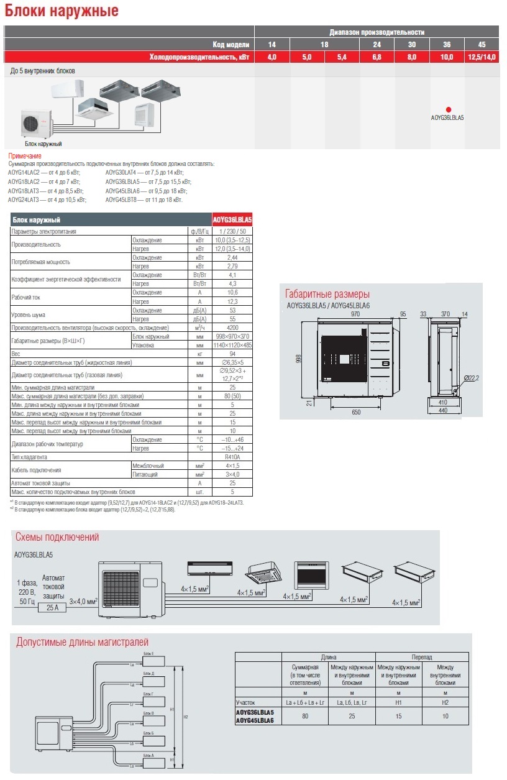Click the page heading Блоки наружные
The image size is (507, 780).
pyautogui.click(x=62, y=11)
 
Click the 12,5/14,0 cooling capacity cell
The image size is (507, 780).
pyautogui.click(x=482, y=57)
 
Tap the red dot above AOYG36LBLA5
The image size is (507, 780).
pyautogui.click(x=447, y=109)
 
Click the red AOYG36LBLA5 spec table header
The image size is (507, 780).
pyautogui.click(x=232, y=220)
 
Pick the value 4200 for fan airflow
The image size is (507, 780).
pyautogui.click(x=232, y=328)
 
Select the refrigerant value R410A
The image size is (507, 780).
pyautogui.click(x=232, y=457)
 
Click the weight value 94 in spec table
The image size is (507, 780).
pyautogui.click(x=232, y=353)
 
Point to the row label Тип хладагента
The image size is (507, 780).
pyautogui.click(x=31, y=457)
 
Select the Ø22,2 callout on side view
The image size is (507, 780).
pyautogui.click(x=472, y=378)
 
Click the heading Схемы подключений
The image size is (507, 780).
pyautogui.click(x=57, y=538)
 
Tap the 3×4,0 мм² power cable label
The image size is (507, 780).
pyautogui.click(x=83, y=602)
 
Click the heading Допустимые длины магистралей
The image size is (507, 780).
pyautogui.click(x=82, y=642)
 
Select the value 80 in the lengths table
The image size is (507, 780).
pyautogui.click(x=305, y=716)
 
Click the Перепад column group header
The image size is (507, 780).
pyautogui.click(x=422, y=657)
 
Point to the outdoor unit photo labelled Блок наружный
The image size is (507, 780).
pyautogui.click(x=37, y=123)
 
